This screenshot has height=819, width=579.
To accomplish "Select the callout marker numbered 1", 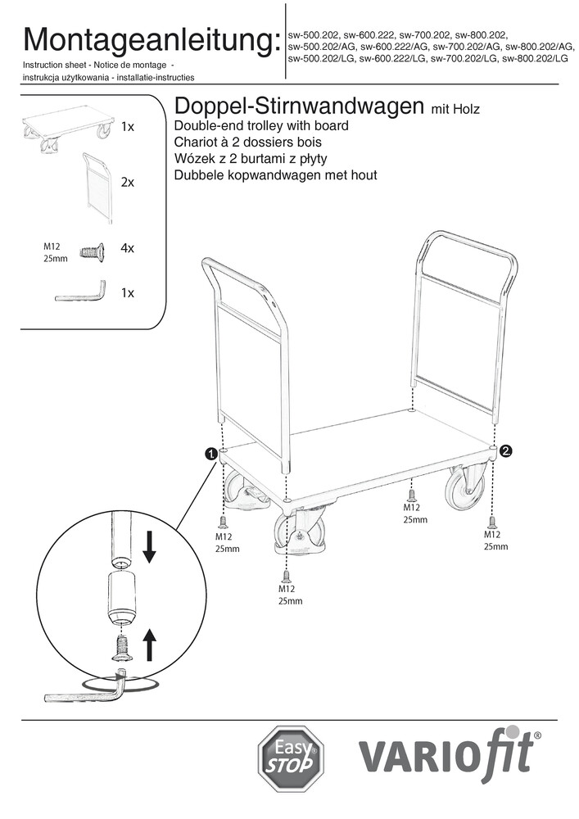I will tap(210, 453).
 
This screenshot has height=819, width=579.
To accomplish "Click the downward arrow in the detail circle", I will tap(149, 547).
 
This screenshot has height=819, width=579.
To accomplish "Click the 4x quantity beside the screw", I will tap(127, 247).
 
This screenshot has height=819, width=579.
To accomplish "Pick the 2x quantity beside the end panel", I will tap(127, 183).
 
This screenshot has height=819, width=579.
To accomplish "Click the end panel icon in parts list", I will tap(97, 186).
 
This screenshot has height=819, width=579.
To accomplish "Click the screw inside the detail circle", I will tap(120, 648).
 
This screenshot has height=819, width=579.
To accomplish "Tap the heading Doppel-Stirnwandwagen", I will tap(294, 107).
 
